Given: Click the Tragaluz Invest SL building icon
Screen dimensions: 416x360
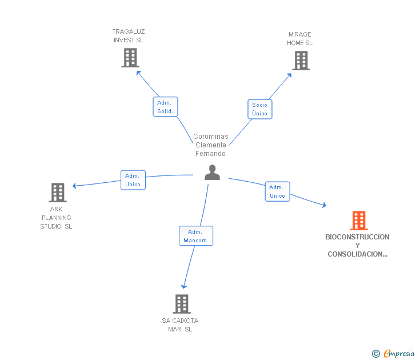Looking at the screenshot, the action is coord(130,58).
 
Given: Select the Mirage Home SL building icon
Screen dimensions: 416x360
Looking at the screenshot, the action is coord(301,61).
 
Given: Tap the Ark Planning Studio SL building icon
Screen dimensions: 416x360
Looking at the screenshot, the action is coord(58,193).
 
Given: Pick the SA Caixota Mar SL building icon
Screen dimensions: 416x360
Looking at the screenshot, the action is coord(182,304).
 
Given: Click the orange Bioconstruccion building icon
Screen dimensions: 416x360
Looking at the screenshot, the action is coord(359,220).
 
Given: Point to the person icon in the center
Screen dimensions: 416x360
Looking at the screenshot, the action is coord(212,173).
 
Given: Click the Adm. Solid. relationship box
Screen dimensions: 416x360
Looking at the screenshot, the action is coord(165,107).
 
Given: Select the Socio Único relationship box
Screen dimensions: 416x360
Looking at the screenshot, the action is coord(260,109).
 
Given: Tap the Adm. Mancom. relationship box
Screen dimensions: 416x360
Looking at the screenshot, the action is coord(196,236).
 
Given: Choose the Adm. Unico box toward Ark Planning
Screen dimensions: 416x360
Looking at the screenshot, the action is coord(133,180).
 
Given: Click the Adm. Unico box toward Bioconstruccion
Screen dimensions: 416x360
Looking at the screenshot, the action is coord(278,191).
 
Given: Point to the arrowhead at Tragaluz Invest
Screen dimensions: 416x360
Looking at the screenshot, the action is coord(138,73).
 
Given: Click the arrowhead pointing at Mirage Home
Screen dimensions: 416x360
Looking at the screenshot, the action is coord(290,75).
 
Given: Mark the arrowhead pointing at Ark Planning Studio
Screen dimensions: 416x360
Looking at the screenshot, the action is coord(74,186).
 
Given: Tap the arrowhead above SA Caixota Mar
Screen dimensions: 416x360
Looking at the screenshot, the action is coord(184,286).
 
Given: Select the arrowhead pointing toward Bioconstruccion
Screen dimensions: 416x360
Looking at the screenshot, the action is coord(324,205).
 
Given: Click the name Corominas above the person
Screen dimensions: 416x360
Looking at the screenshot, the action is coord(211,137).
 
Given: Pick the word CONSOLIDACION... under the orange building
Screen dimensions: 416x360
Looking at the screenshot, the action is coord(358,254).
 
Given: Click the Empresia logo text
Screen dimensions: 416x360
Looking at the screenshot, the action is coord(399,353).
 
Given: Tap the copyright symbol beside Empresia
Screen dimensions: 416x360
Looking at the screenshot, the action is coord(376,354).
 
